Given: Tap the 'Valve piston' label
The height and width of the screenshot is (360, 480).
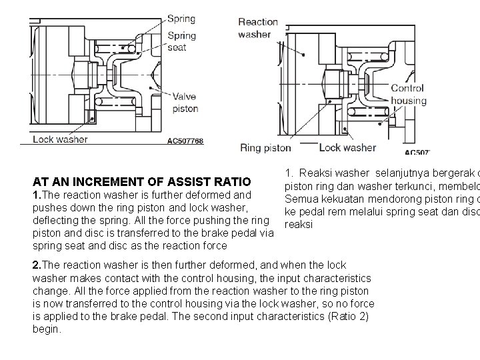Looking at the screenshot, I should (185, 103).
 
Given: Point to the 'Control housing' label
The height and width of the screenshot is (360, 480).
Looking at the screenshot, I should (408, 95).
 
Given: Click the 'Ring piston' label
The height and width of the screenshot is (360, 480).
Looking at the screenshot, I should (265, 148).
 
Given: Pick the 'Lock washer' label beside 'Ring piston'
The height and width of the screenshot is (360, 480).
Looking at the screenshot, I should (347, 148).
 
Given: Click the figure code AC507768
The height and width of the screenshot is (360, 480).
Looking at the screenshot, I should (185, 141).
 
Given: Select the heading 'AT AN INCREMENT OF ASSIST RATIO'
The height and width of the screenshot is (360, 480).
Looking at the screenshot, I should (141, 181).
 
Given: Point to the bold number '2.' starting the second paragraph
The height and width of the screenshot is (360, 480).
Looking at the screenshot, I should (37, 265).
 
